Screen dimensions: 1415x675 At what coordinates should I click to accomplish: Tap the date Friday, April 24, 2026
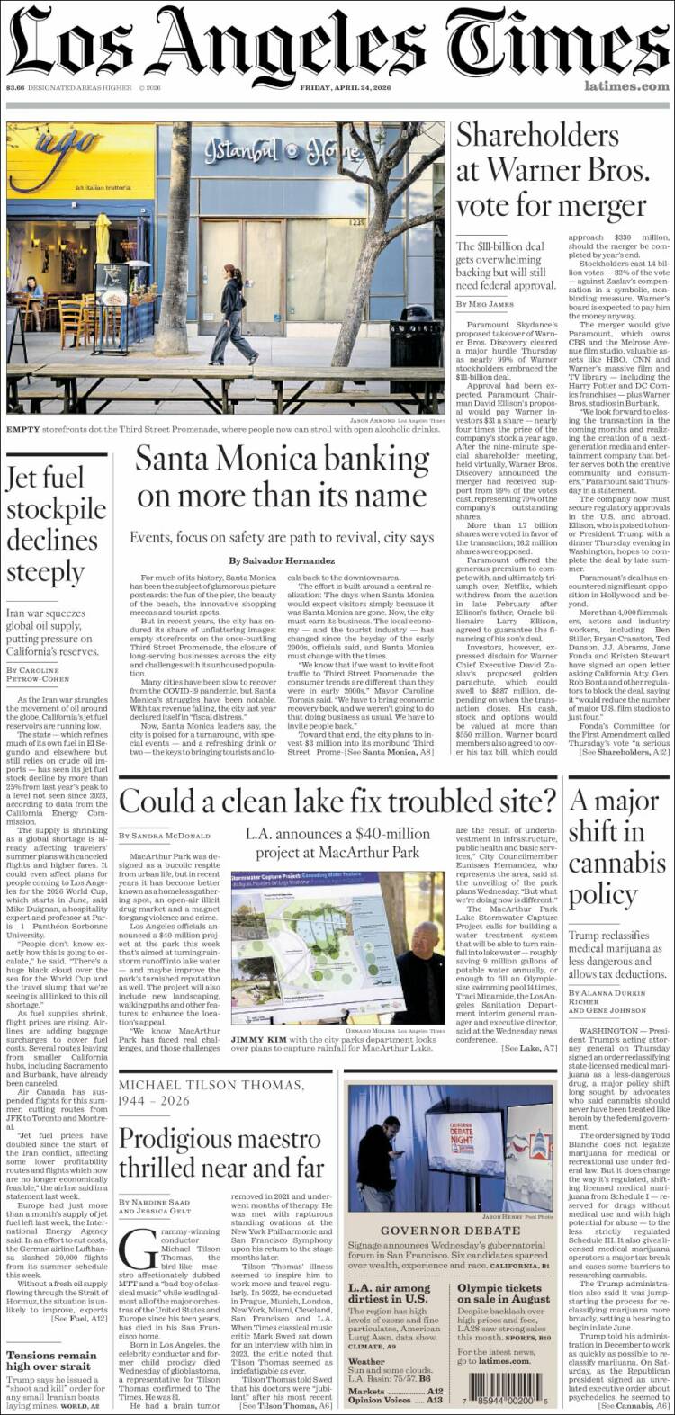349,87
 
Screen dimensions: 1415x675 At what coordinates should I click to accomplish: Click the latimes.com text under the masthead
626,86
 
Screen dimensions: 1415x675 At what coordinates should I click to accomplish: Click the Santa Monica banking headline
282,478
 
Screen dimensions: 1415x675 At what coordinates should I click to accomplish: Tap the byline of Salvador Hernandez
282,560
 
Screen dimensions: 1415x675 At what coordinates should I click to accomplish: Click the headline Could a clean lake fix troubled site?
337,800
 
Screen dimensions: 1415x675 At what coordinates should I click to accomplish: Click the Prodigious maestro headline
221,1152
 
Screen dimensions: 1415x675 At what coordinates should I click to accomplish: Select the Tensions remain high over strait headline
51,1359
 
